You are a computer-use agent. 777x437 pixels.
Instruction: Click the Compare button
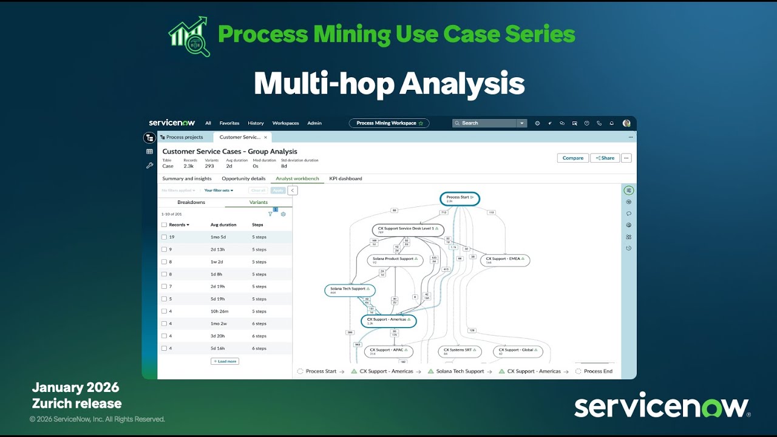tap(572, 158)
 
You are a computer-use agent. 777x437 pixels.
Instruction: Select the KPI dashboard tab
tap(345, 178)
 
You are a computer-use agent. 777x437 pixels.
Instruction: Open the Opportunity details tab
tap(243, 178)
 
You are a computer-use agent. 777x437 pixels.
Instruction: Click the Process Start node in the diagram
tap(460, 198)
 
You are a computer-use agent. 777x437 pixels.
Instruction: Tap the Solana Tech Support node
tap(350, 290)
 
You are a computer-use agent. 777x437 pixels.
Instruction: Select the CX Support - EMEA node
tap(505, 260)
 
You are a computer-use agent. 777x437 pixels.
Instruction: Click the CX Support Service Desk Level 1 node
tap(408, 230)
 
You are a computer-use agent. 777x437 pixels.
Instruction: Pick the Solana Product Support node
tap(395, 260)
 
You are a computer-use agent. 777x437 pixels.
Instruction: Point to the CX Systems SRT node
tap(460, 351)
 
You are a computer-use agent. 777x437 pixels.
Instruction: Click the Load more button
tap(225, 361)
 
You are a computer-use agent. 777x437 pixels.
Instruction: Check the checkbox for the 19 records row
tap(164, 237)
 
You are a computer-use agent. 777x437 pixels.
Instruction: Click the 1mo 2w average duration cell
tap(219, 324)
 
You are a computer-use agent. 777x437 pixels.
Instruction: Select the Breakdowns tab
tap(191, 202)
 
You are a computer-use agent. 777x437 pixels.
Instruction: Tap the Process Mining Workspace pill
tap(389, 123)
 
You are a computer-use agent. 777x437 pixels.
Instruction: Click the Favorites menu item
tap(229, 123)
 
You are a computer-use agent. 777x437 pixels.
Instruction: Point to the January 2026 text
tap(75, 387)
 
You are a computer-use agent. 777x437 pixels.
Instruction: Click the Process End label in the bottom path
tap(598, 371)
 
